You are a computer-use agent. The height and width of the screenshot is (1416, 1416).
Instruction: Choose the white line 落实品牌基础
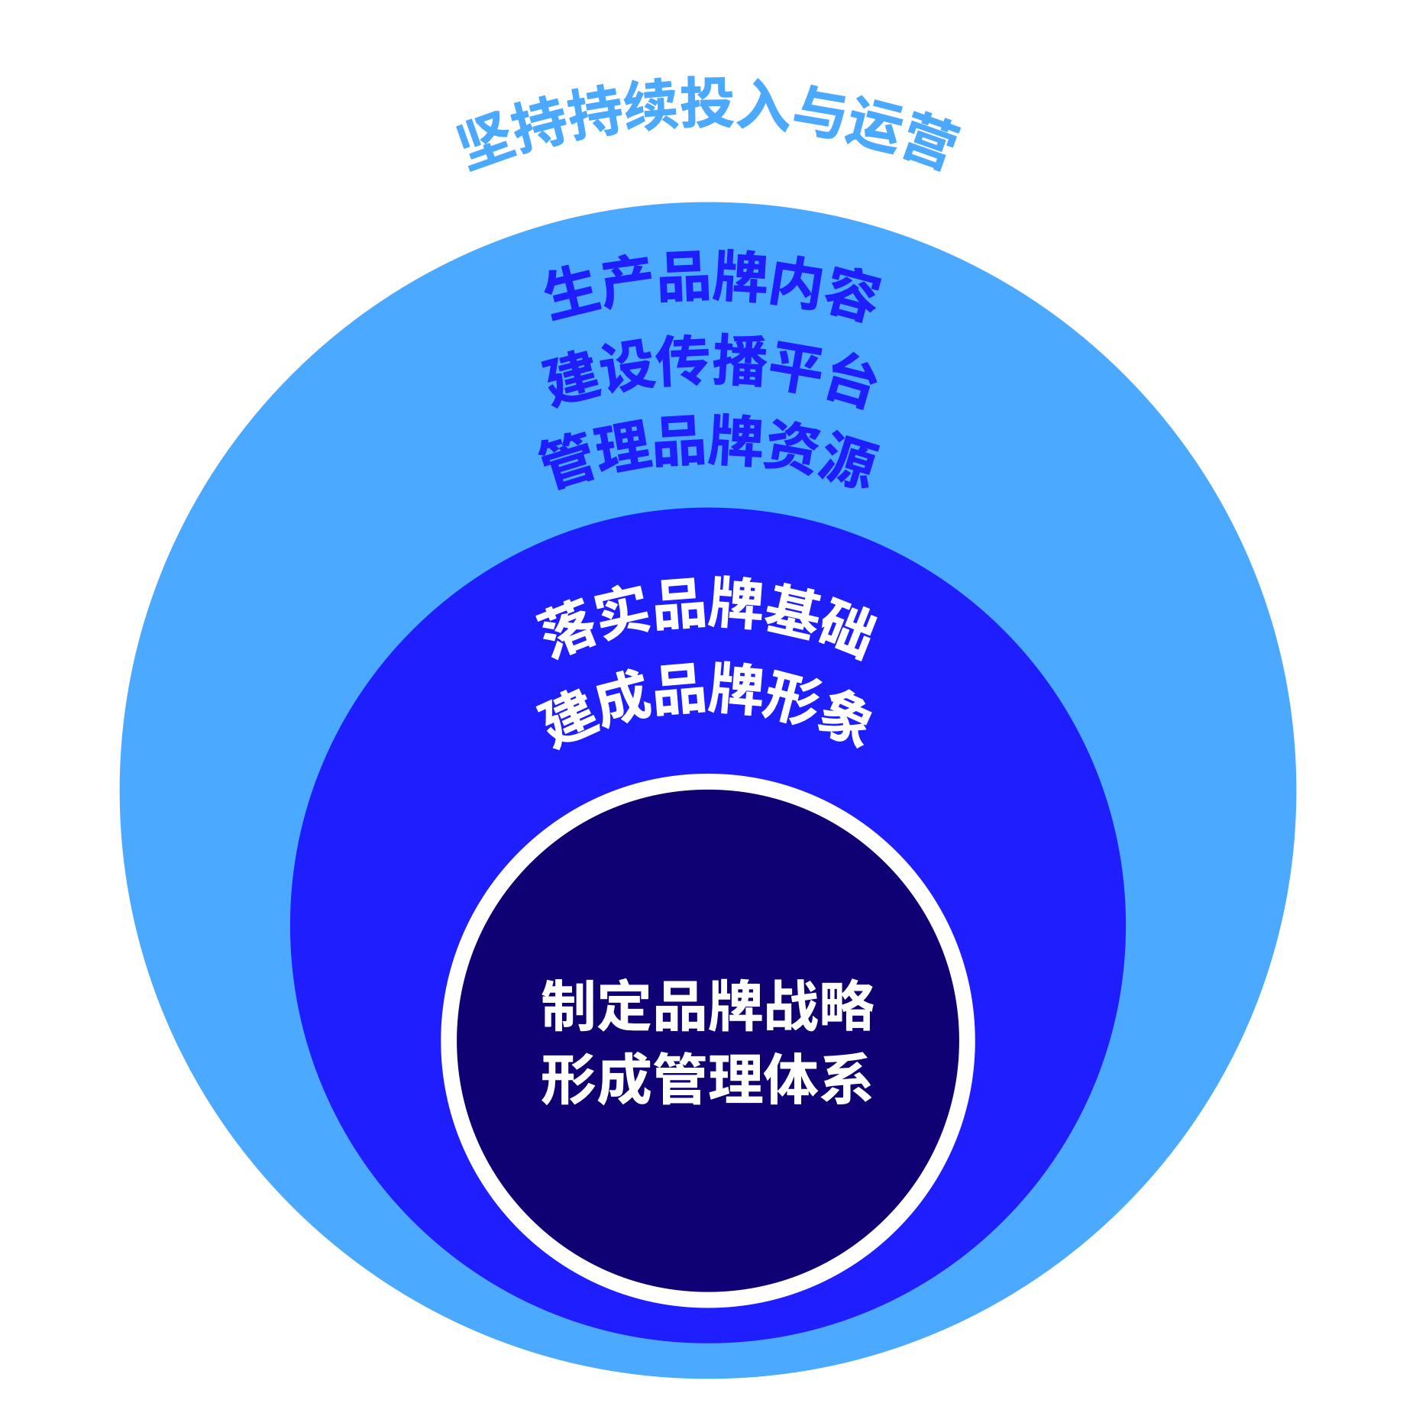[706, 617]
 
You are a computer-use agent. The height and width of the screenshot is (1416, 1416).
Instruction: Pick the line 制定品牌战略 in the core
[707, 1005]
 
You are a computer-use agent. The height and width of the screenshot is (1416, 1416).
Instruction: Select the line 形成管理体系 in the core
[707, 1078]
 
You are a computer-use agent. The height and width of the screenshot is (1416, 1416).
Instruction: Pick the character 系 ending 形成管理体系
[846, 1078]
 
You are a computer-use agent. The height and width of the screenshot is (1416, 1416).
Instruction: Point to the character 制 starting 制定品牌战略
[568, 1005]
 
